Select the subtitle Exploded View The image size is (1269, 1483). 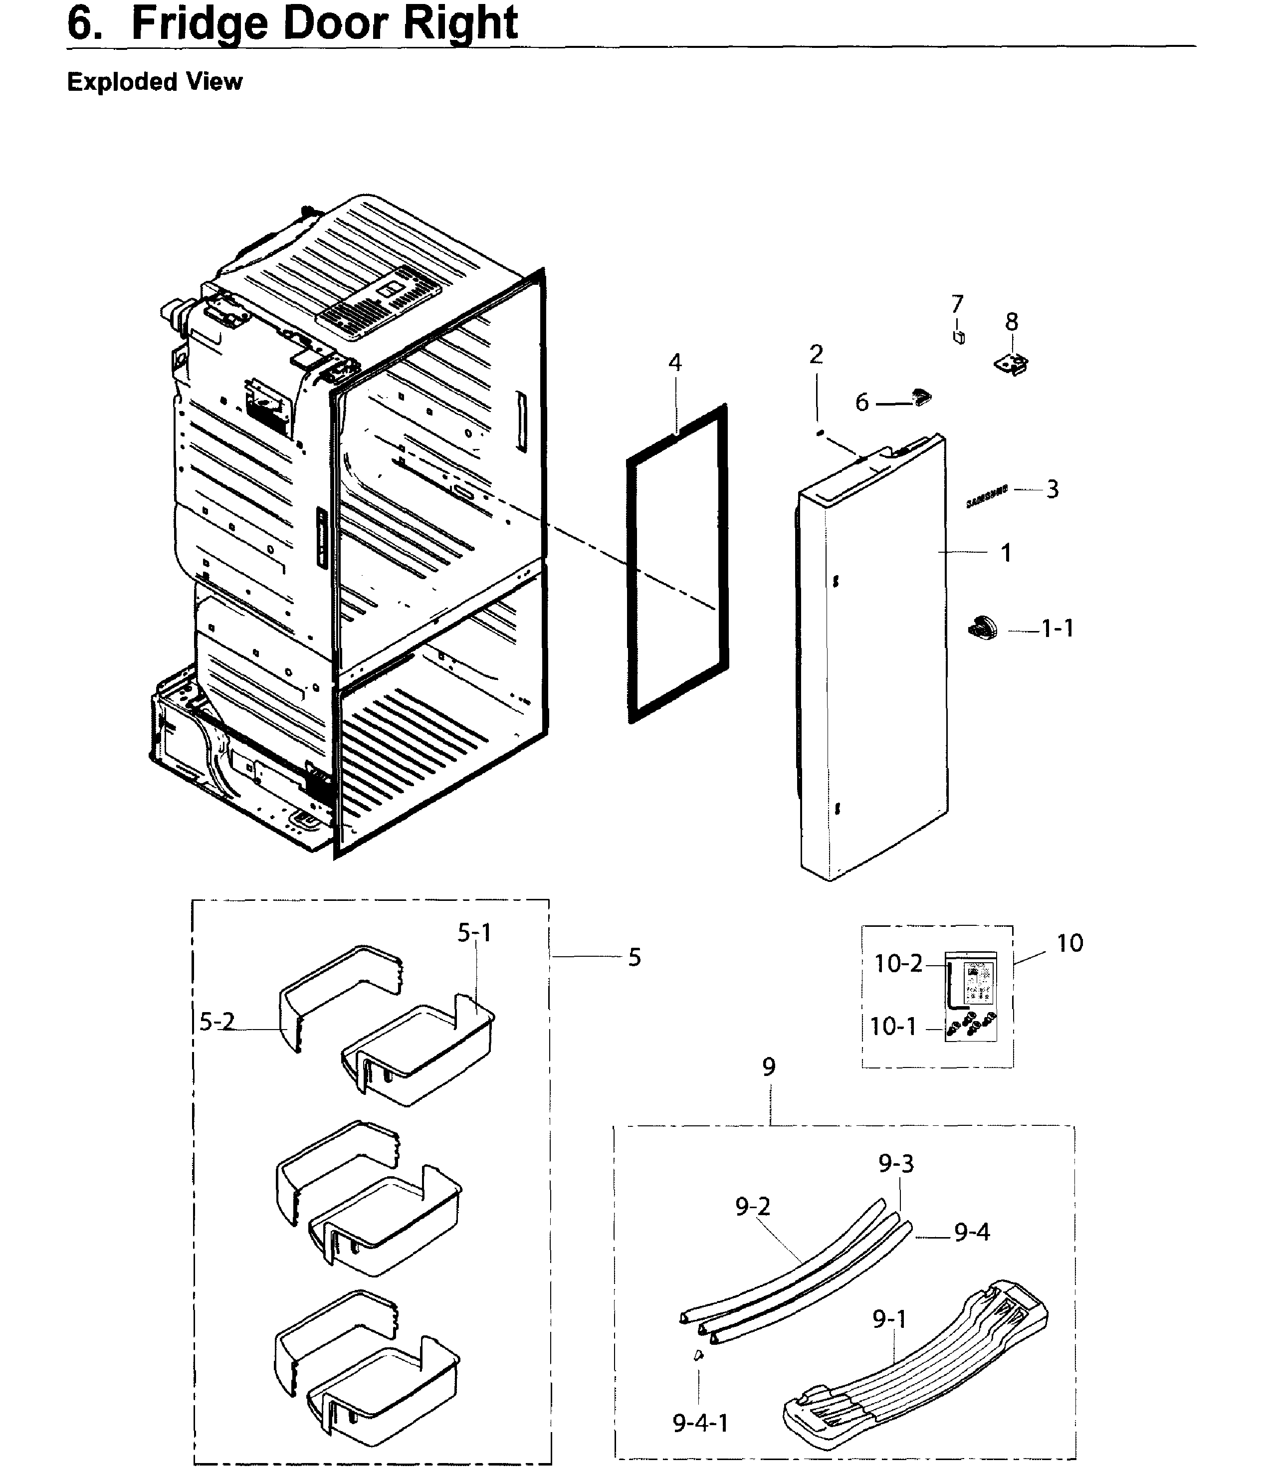(x=155, y=82)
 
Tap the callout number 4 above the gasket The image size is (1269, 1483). (x=675, y=363)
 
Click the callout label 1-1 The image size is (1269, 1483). (x=1057, y=629)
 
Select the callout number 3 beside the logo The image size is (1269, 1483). (x=1052, y=489)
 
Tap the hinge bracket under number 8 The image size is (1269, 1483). (x=1011, y=363)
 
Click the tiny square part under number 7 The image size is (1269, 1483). (x=958, y=336)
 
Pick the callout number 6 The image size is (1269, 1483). (x=862, y=403)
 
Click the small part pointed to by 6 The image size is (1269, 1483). (x=921, y=397)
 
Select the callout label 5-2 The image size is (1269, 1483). (x=216, y=1022)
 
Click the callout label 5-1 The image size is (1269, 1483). (x=474, y=933)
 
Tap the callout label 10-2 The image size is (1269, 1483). (x=898, y=964)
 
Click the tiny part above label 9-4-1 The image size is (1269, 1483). (x=698, y=1355)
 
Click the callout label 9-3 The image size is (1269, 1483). (x=896, y=1164)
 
